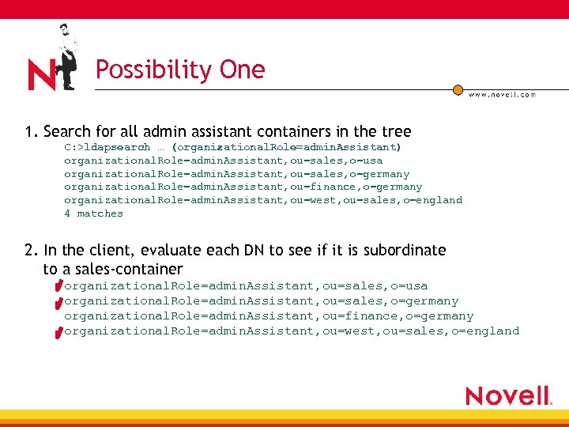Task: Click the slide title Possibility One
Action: (180, 70)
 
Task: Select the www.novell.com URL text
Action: (502, 94)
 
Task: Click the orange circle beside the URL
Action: (458, 90)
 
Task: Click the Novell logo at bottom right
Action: (508, 395)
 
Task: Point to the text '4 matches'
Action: (93, 213)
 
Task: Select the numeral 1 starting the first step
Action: (28, 131)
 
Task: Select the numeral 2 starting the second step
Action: (28, 251)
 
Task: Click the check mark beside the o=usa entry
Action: (58, 287)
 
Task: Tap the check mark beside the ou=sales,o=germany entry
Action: (58, 302)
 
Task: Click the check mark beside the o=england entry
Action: (58, 332)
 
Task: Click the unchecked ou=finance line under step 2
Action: (268, 316)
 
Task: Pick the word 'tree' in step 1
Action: (397, 131)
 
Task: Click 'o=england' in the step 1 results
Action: (434, 200)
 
